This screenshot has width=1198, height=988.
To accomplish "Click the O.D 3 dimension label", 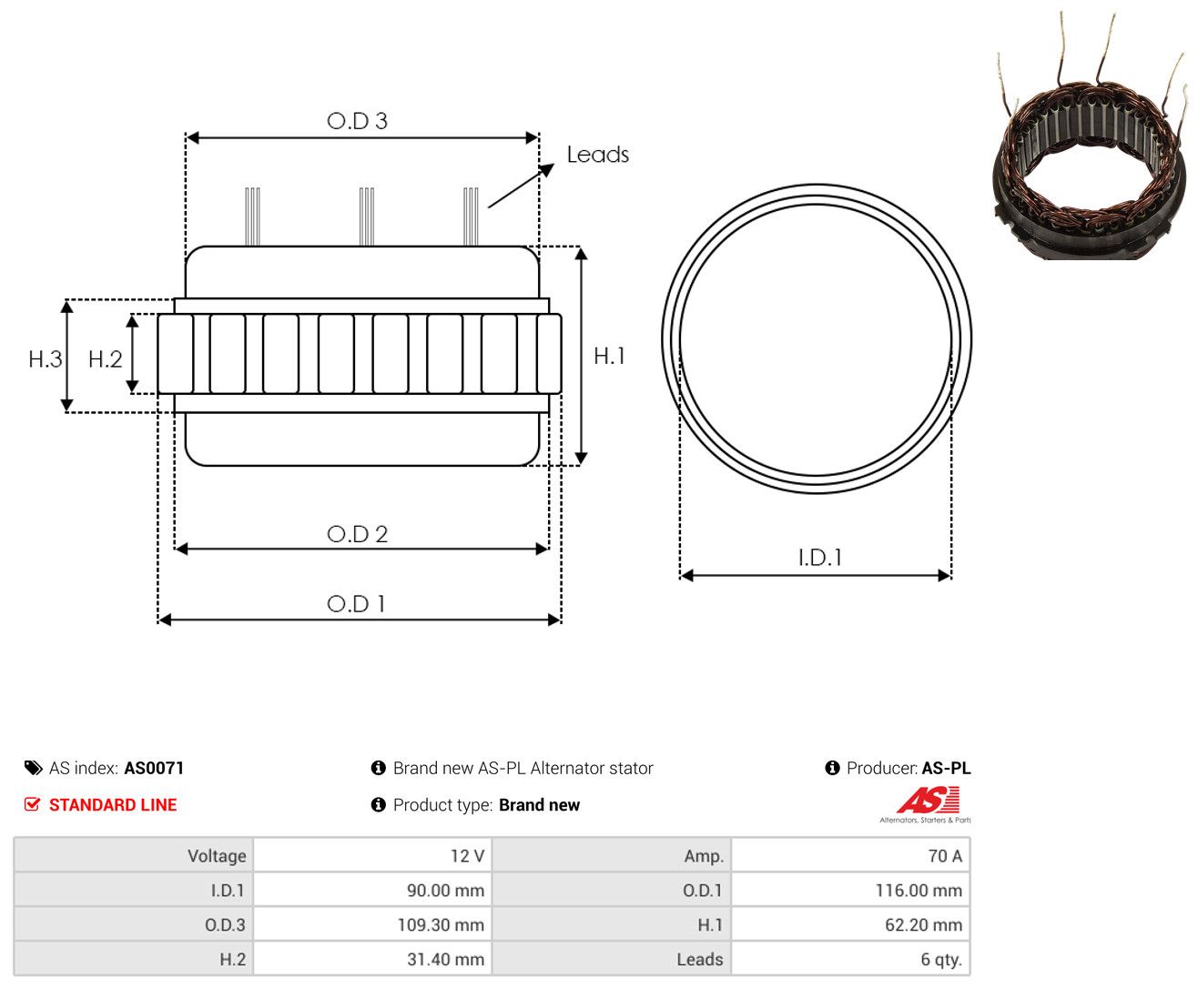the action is click(x=357, y=121).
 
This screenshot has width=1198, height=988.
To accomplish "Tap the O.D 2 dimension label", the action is click(x=357, y=534).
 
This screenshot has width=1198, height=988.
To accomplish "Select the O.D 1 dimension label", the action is click(x=356, y=604).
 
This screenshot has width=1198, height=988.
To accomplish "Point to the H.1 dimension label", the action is click(x=609, y=356).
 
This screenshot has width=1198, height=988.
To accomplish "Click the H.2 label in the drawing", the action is click(x=105, y=359).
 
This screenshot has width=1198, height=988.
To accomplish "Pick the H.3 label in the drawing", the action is click(x=46, y=359).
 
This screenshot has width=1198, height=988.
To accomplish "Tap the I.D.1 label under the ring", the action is click(x=820, y=558).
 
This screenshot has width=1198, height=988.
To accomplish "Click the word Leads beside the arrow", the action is click(x=598, y=155).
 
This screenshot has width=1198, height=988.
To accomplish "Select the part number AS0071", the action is click(x=154, y=768).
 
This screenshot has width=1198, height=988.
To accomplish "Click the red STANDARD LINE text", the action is click(x=113, y=805).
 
